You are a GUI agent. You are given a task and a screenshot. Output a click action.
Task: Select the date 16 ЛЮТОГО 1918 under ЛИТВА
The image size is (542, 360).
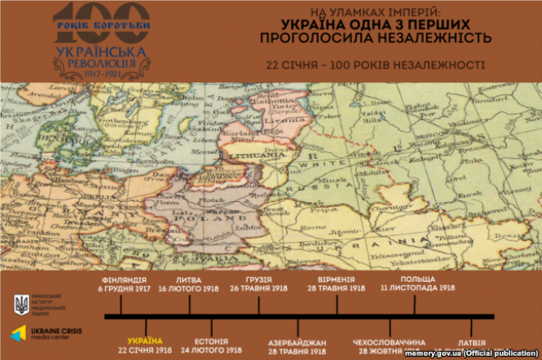pos(190,288)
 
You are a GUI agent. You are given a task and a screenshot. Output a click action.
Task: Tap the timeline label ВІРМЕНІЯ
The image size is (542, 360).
pos(337,280)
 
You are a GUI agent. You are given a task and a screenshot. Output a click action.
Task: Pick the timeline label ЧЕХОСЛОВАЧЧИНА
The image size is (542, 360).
pos(389,340)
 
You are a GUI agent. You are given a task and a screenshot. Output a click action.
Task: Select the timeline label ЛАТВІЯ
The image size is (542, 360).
pos(472,340)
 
